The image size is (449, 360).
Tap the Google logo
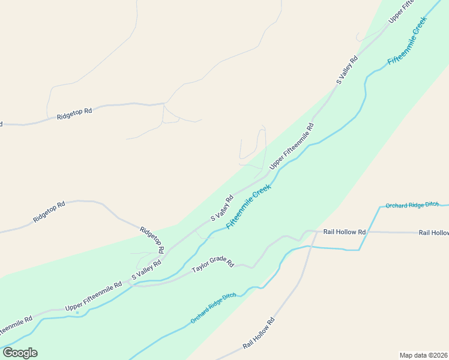point(20,353)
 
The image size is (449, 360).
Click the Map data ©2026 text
point(424,355)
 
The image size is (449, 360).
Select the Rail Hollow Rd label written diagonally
point(259,334)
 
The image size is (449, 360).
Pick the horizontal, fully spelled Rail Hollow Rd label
point(345,232)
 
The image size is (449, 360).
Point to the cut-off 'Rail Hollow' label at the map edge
point(433,232)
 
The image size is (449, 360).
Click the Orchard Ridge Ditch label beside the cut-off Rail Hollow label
point(412,205)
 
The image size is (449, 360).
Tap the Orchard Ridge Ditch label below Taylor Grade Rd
point(213,309)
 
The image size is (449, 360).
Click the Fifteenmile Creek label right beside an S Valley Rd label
point(249,206)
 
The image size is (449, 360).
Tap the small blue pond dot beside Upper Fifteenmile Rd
point(77,312)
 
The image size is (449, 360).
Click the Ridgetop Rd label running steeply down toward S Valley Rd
point(152,239)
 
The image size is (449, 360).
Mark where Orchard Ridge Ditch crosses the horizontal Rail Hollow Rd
point(367,232)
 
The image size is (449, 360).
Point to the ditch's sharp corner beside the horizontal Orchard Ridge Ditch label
point(379,207)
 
